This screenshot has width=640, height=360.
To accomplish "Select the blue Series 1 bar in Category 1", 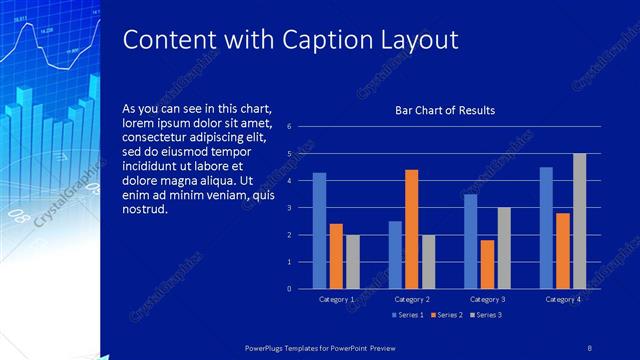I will pos(319,231).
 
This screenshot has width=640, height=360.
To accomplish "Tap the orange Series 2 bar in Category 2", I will pos(411,229).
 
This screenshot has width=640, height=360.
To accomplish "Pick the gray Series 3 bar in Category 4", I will pos(579,221).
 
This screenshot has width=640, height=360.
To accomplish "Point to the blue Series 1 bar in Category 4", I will pos(546,228).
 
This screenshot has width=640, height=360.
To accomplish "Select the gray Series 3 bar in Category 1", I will pos(353,262).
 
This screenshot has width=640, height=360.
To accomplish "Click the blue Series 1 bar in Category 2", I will pos(395,255).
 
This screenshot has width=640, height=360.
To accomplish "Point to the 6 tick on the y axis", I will pos(289,127).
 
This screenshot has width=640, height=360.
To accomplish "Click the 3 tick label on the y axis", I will pos(289,208).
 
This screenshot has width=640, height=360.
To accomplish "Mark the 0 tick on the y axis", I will pos(289,289).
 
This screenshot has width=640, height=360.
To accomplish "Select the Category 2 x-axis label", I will pos(411,299).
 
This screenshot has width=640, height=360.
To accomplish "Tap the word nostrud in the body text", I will pos(144,209).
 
